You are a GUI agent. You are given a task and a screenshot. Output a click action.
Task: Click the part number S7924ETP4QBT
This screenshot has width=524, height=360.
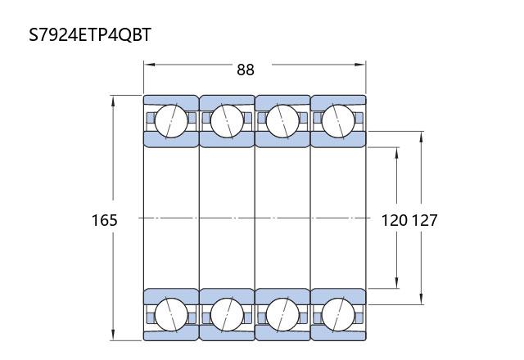90,34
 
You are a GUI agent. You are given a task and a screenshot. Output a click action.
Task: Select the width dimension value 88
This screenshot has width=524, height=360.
246,70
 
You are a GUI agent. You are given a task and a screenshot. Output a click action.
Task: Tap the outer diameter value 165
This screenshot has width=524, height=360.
105,220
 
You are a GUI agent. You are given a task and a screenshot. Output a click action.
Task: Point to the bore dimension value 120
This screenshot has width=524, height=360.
395,220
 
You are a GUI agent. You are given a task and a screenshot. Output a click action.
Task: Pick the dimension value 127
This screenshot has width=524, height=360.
424,220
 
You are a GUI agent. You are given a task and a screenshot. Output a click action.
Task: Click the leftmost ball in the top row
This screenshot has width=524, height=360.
171,121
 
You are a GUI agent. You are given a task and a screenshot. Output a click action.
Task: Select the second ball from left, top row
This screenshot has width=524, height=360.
227,121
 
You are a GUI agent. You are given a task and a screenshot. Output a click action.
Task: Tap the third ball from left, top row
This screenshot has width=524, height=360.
282,121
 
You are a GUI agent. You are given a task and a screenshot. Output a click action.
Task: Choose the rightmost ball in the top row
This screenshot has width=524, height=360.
338,121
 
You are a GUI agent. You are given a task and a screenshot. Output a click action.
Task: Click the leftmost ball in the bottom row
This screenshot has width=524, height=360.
171,314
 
